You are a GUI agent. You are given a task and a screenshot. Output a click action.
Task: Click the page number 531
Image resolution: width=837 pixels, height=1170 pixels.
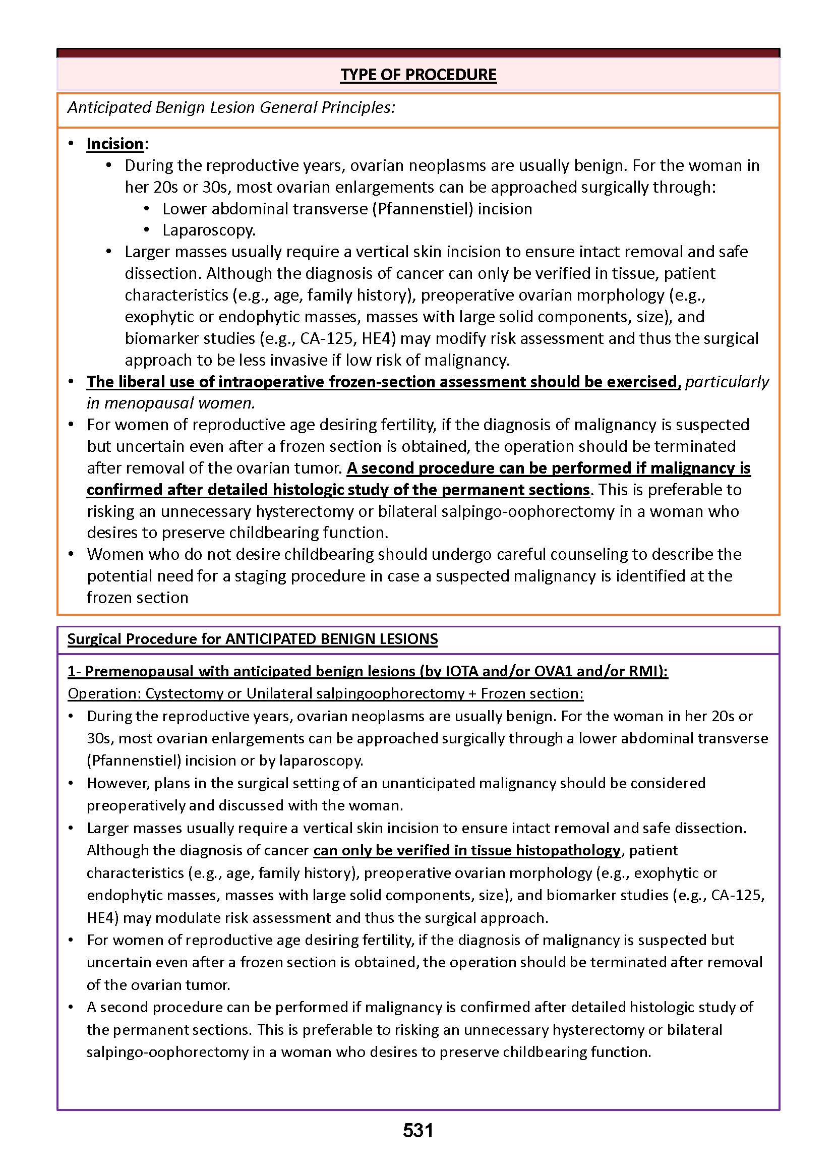tap(418, 1130)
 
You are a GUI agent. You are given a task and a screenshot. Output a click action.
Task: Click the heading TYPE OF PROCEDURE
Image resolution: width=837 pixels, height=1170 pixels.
tap(418, 75)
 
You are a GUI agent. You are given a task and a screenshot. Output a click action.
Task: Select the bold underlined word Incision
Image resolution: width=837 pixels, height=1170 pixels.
tap(115, 143)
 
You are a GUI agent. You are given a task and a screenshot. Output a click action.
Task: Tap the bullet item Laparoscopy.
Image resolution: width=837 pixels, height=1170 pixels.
tap(209, 230)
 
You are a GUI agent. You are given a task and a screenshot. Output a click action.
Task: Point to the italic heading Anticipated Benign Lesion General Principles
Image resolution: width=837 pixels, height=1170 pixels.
tap(231, 107)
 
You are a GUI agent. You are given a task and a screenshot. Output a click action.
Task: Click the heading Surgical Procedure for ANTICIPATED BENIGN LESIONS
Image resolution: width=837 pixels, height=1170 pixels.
tap(253, 638)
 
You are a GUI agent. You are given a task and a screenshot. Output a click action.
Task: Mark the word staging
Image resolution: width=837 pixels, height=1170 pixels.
tap(260, 576)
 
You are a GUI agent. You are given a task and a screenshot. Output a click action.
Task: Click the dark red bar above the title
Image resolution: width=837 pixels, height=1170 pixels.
tap(418, 53)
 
